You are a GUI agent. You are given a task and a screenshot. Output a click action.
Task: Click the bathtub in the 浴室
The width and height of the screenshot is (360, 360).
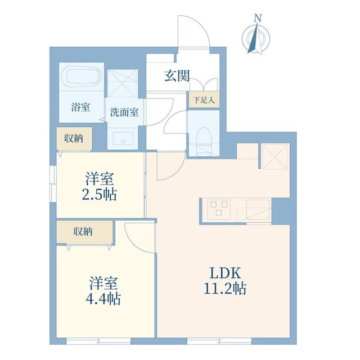pos(82,76)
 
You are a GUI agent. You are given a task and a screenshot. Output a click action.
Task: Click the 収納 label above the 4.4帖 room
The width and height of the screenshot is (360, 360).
pos(83,231)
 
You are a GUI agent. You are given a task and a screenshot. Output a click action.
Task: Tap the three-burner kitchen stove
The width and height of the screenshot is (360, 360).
pos(218,210)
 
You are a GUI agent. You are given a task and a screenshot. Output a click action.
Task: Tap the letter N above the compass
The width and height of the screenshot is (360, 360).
pos(257,18)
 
